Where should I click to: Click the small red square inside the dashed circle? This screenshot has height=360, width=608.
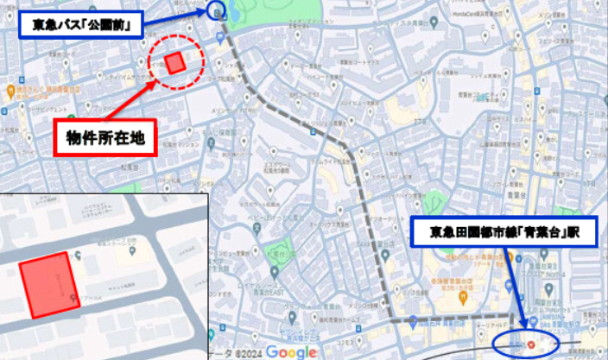pos(175,63)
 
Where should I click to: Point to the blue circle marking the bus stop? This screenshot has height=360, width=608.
pos(216,11)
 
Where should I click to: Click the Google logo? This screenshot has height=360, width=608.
pos(291,351)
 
